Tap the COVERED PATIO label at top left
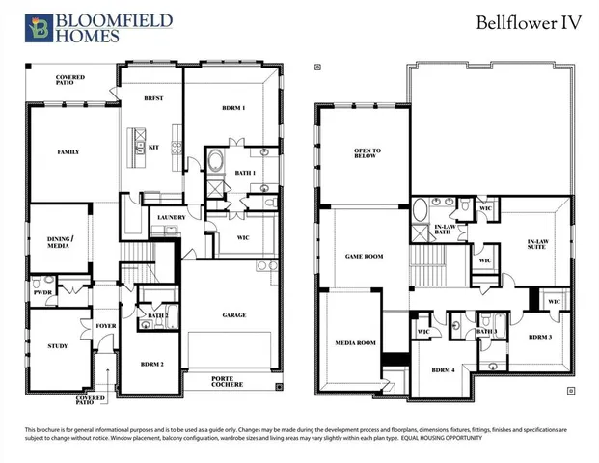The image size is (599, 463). tap(70, 80)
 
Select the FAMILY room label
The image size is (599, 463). tap(68, 151)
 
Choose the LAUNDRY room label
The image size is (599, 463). tap(171, 218)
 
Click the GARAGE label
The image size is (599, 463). tap(233, 314)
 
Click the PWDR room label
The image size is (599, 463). tap(42, 291)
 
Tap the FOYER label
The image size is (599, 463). tap(105, 326)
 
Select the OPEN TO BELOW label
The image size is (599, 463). tap(368, 154)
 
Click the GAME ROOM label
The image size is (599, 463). tap(365, 257)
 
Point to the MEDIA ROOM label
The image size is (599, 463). tap(354, 343)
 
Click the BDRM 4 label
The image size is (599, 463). tap(442, 370)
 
